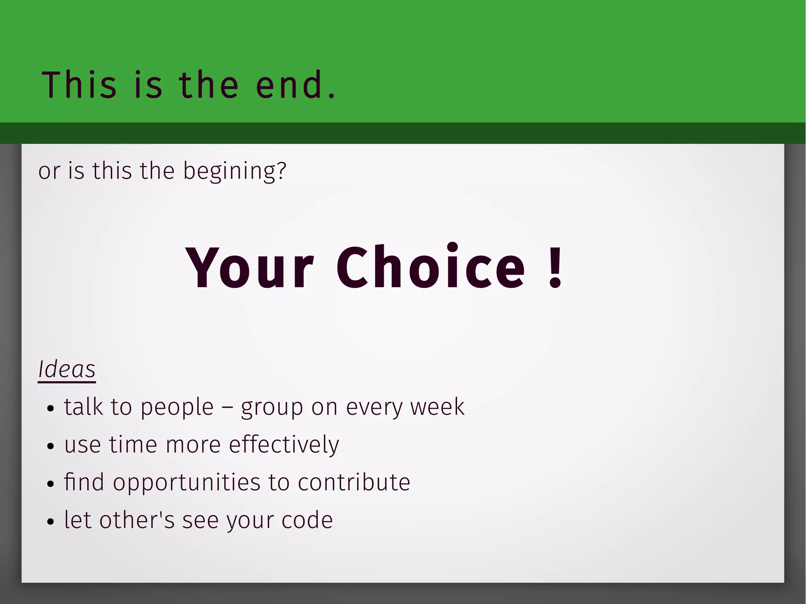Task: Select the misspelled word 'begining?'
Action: [x=235, y=171]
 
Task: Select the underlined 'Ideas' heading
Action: [x=67, y=369]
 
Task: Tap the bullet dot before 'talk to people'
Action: [x=50, y=408]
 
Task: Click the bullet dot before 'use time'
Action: [x=50, y=446]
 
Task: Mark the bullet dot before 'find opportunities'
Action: [x=50, y=484]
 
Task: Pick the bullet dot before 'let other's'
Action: [x=50, y=522]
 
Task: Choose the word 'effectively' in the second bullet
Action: [x=284, y=445]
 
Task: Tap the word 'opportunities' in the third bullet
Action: [x=187, y=483]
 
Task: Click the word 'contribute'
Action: [x=354, y=482]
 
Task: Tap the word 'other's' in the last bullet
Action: [x=137, y=520]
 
